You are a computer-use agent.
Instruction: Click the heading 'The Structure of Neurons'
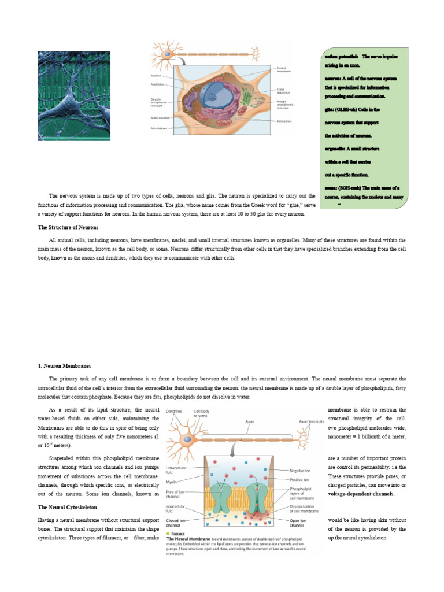point(68,227)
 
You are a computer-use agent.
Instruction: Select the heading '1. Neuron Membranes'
point(64,366)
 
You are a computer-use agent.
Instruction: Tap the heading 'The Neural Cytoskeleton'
point(67,507)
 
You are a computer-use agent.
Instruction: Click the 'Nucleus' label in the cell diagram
point(156,76)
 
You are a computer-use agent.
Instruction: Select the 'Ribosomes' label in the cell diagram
point(283,121)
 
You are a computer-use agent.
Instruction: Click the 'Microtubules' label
point(158,128)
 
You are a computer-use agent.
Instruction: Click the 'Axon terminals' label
point(312,421)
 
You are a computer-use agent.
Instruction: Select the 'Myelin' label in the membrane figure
point(171,481)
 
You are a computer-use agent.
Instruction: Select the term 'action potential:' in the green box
point(341,57)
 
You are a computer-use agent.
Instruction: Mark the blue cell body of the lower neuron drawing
point(188,441)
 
